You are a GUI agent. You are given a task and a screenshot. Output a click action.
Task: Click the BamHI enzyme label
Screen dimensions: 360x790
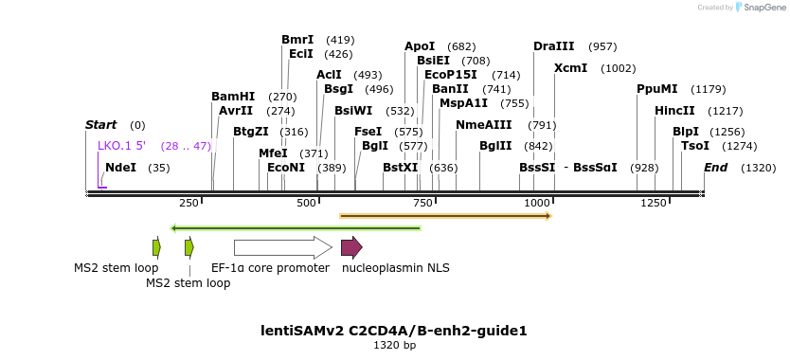click(233, 97)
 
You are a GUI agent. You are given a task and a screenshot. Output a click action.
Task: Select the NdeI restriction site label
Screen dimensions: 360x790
click(121, 168)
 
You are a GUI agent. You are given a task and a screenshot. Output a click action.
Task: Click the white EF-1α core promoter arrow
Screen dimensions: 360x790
click(283, 247)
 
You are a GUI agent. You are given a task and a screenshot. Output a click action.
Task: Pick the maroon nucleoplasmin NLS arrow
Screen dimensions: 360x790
click(351, 247)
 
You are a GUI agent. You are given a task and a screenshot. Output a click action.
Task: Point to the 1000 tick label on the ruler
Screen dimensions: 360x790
click(537, 204)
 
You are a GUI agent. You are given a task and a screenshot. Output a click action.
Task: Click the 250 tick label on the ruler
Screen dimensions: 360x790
click(189, 204)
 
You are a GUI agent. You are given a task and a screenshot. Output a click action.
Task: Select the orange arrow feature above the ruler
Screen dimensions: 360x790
click(445, 216)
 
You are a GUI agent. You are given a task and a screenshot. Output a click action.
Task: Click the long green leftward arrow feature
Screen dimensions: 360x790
click(296, 227)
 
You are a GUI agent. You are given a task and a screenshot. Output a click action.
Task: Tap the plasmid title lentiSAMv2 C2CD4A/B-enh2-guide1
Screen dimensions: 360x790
click(394, 331)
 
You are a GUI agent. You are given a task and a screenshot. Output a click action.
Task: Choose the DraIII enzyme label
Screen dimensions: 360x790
click(553, 46)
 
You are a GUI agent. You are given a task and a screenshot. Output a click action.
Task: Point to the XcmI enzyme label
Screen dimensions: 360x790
click(570, 68)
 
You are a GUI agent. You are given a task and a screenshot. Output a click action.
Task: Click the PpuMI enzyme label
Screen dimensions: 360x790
click(657, 89)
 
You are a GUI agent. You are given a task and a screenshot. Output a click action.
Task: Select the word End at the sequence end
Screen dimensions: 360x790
click(715, 168)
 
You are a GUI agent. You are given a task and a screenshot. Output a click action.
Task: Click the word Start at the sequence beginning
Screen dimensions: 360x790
click(100, 125)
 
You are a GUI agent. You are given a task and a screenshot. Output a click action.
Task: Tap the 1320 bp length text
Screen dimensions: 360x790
click(394, 346)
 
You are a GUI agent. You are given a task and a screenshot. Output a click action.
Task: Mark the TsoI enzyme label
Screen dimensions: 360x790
click(695, 146)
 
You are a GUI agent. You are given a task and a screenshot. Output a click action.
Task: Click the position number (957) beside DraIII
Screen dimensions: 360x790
click(603, 46)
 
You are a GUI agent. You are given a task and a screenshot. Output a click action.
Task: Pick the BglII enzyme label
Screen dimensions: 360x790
click(495, 146)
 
